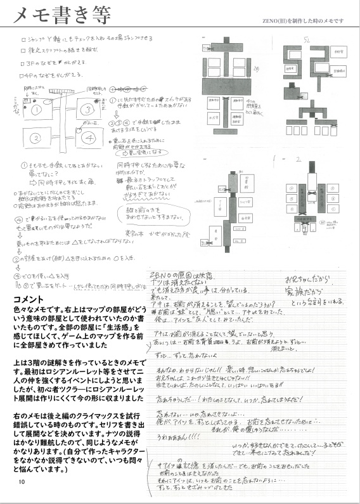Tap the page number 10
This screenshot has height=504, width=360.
pyautogui.click(x=22, y=482)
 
